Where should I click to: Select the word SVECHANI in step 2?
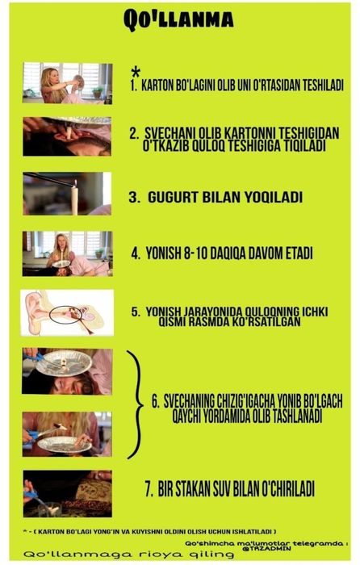pyautogui.click(x=170, y=132)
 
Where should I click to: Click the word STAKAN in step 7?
pyautogui.click(x=186, y=489)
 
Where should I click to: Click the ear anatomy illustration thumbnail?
pyautogui.click(x=67, y=312)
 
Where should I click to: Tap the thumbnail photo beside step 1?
pyautogui.click(x=67, y=83)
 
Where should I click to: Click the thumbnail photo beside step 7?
pyautogui.click(x=67, y=492)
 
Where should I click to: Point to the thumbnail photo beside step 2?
pyautogui.click(x=67, y=136)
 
